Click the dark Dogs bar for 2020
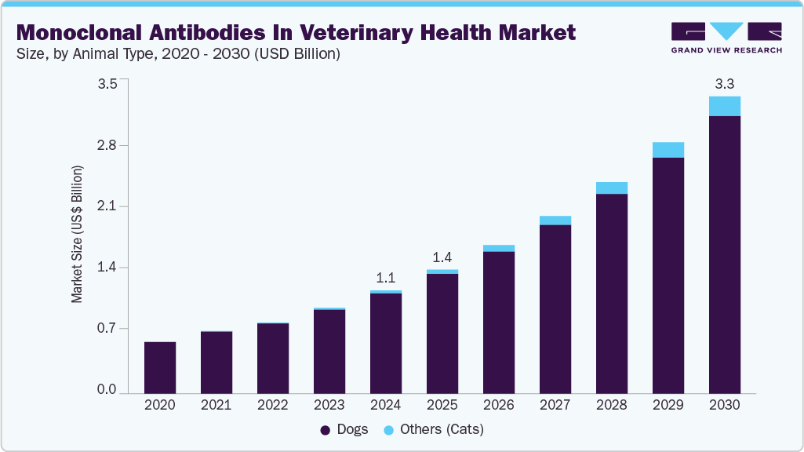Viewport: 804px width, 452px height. [x=160, y=367]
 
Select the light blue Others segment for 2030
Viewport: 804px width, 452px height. [x=725, y=106]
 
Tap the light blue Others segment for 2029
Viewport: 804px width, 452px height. [x=668, y=150]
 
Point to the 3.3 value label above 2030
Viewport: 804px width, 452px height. [x=725, y=83]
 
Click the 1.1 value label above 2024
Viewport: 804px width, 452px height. [x=386, y=277]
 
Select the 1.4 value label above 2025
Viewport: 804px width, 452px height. [x=442, y=257]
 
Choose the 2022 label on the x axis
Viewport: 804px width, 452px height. [x=273, y=406]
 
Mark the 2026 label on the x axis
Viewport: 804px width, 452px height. [x=499, y=406]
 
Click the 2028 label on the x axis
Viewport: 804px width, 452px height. [x=612, y=406]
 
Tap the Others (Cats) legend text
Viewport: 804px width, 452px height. [x=442, y=430]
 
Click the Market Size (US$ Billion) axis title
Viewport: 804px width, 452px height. [x=77, y=235]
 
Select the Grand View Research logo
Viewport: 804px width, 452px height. [x=726, y=38]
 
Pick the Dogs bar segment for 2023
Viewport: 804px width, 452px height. [x=329, y=351]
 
